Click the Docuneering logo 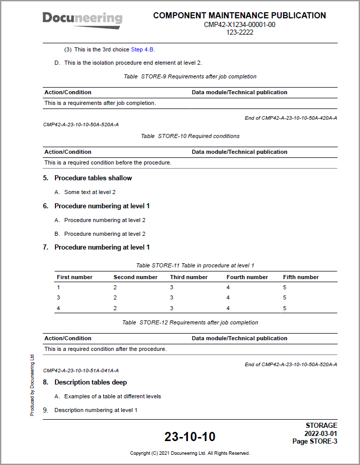click(82, 19)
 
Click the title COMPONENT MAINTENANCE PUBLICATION click(239, 16)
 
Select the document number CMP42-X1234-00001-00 click(239, 24)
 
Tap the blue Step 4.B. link click(143, 49)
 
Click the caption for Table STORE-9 click(190, 76)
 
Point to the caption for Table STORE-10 click(190, 136)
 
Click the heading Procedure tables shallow click(93, 178)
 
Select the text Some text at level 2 click(90, 192)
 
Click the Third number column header click(189, 277)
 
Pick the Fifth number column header click(301, 277)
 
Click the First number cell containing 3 click(59, 297)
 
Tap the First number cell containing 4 click(59, 308)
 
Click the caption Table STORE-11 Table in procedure click(195, 265)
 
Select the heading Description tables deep click(90, 382)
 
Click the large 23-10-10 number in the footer click(189, 436)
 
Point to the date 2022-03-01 click(320, 433)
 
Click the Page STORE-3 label click(314, 441)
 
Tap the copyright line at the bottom click(189, 453)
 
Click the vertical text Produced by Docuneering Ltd click(32, 385)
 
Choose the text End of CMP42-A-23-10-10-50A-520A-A click(291, 364)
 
